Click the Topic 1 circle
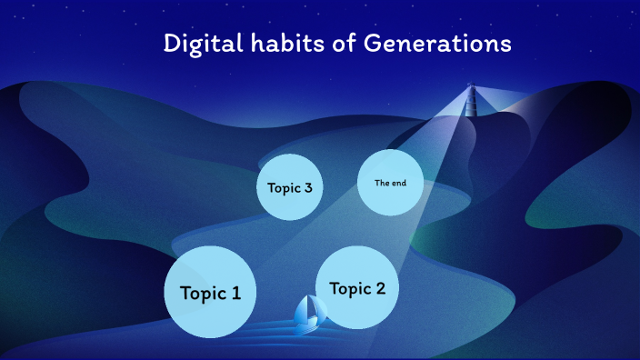[210, 292]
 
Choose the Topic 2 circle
[357, 287]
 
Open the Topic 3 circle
[290, 186]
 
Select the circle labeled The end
[391, 183]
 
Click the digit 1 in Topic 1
[236, 293]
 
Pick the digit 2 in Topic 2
[381, 289]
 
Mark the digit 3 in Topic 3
[308, 187]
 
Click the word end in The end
[398, 183]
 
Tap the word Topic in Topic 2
[350, 289]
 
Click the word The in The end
[382, 183]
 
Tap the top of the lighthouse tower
[471, 86]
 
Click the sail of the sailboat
[310, 309]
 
